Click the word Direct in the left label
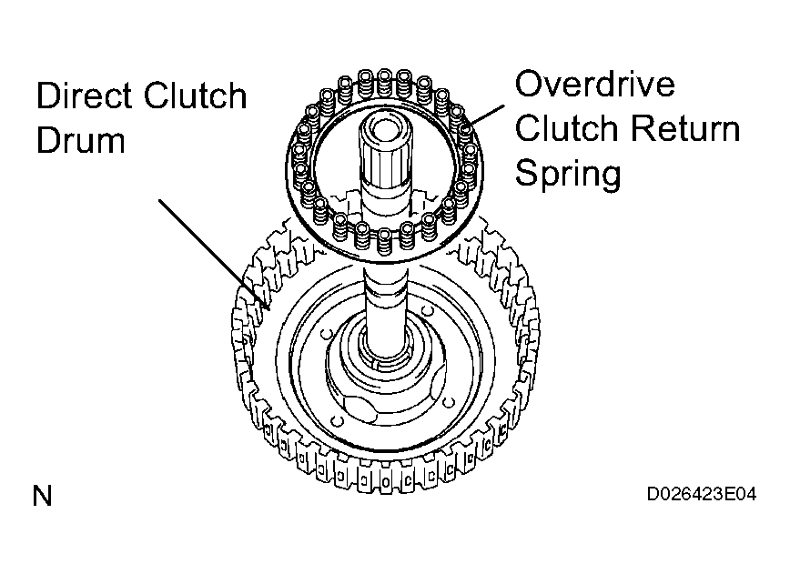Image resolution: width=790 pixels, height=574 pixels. [x=84, y=96]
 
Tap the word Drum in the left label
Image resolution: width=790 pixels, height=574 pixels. [x=81, y=140]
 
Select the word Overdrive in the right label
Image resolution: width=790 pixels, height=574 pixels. [x=595, y=84]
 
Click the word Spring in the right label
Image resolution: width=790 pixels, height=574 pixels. [x=568, y=175]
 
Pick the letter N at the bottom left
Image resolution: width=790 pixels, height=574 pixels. [x=42, y=496]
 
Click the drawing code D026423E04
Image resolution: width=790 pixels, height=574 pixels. [x=702, y=495]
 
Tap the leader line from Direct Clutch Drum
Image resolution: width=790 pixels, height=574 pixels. [x=214, y=255]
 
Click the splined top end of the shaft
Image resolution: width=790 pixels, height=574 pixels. [x=384, y=146]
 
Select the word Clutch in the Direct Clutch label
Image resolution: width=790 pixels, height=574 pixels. [x=195, y=96]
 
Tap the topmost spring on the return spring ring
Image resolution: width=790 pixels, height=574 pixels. [x=384, y=83]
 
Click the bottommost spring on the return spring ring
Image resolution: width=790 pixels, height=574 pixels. [x=384, y=242]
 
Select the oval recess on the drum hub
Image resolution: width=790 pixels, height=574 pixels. [x=360, y=409]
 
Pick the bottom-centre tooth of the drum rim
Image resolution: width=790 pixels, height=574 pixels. [x=386, y=482]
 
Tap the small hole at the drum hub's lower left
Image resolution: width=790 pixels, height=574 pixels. [x=336, y=420]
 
